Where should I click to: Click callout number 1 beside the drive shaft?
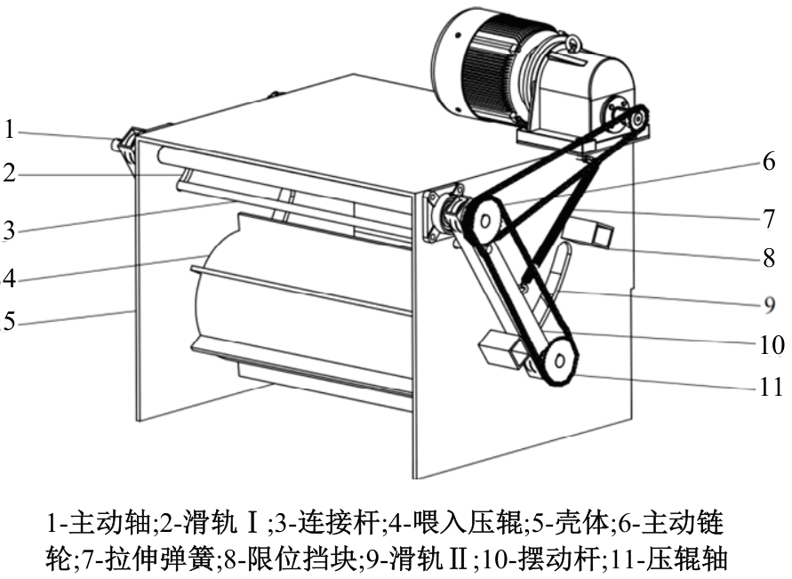[x=9, y=130]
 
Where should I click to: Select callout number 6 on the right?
[x=768, y=162]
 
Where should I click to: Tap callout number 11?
[x=772, y=387]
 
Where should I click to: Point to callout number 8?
[x=769, y=258]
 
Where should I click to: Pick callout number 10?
[x=772, y=345]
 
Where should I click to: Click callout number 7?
[x=769, y=219]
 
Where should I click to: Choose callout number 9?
[x=769, y=305]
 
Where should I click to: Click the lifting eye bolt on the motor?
[x=572, y=44]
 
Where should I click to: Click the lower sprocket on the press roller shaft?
[x=558, y=362]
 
